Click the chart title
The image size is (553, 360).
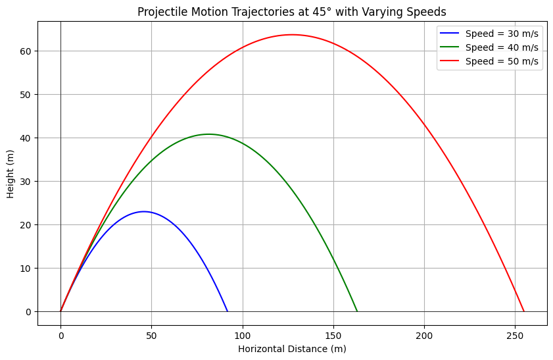pyautogui.click(x=292, y=12)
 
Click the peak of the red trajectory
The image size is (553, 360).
pyautogui.click(x=292, y=35)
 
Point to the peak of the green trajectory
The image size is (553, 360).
pyautogui.click(x=209, y=134)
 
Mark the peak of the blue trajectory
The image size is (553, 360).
pyautogui.click(x=144, y=211)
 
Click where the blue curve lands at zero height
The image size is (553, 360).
pyautogui.click(x=228, y=311)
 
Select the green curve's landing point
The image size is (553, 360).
pyautogui.click(x=357, y=311)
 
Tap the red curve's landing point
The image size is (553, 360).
pyautogui.click(x=524, y=311)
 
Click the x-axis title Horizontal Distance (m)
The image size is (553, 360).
pyautogui.click(x=292, y=348)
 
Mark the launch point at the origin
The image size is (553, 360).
pyautogui.click(x=60, y=311)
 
